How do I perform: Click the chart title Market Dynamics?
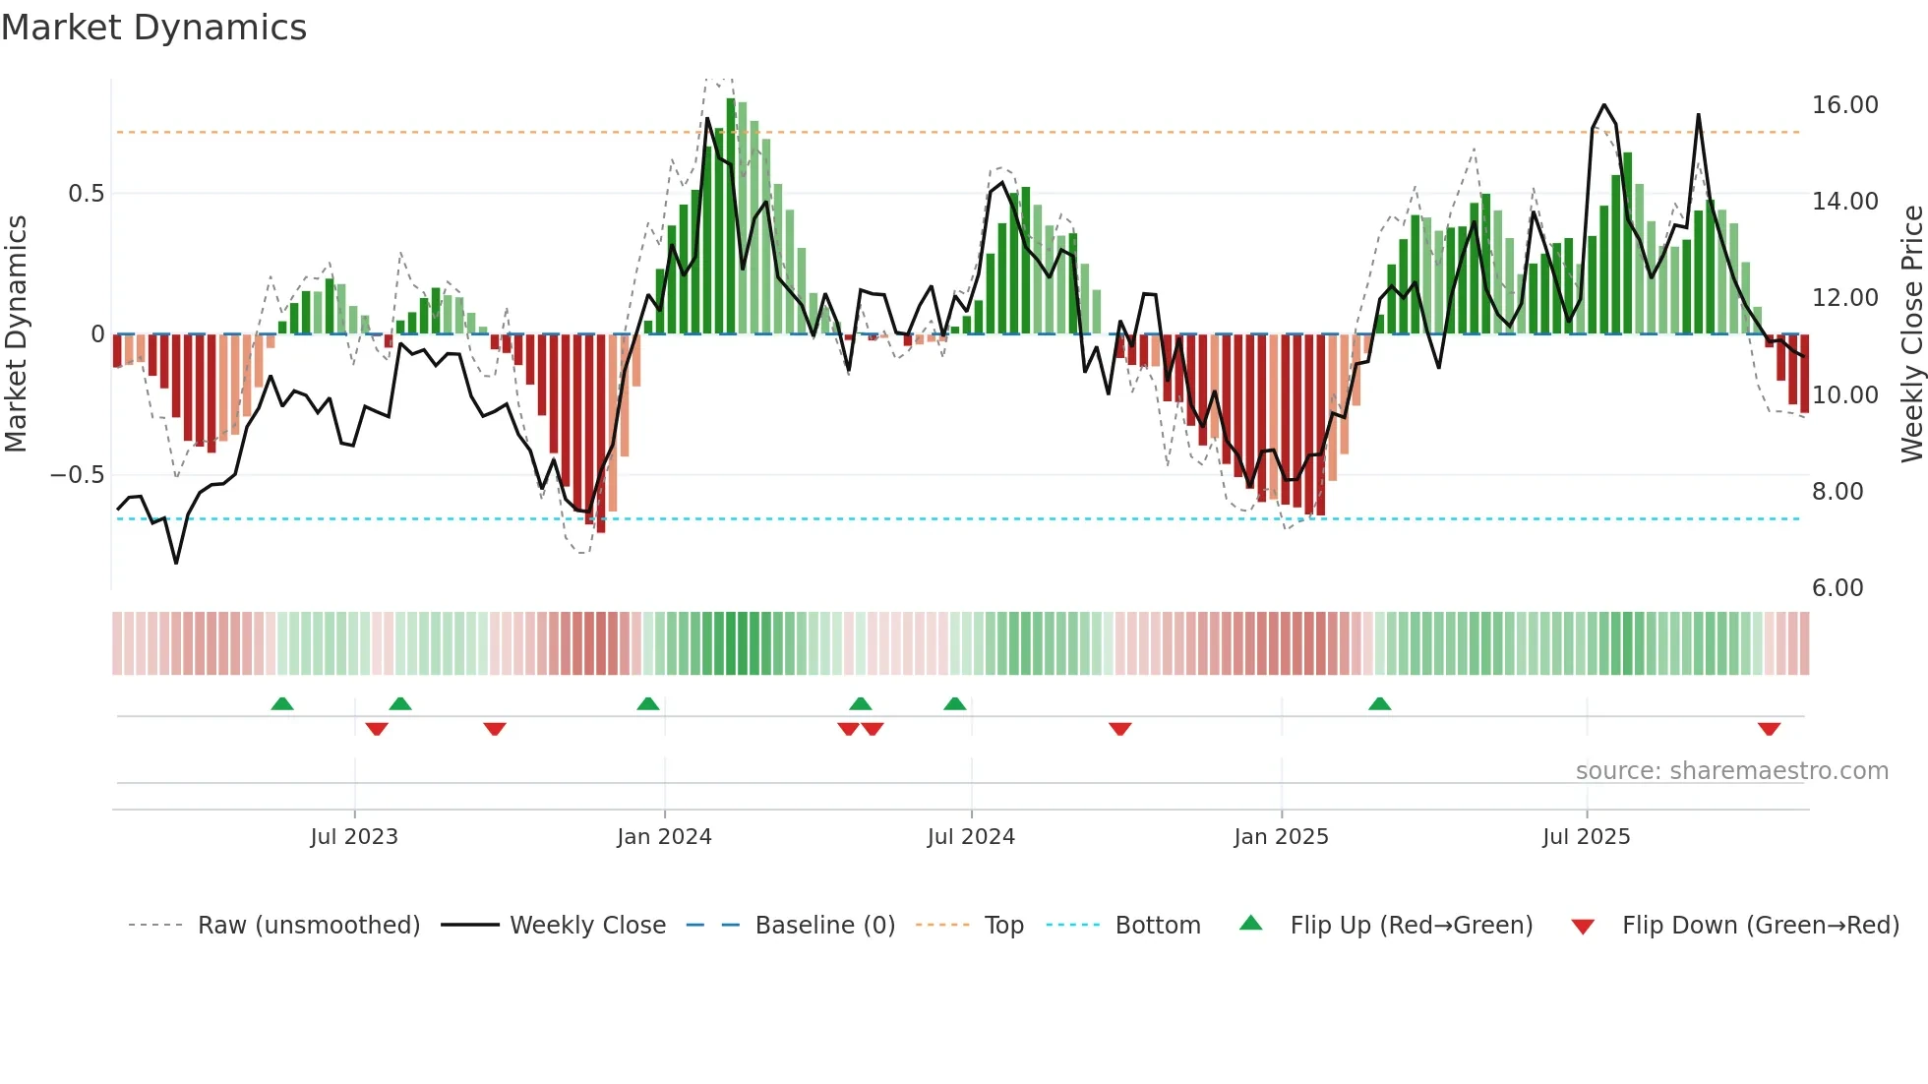(154, 28)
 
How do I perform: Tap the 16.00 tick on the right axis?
(1844, 105)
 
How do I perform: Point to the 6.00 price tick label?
(1837, 588)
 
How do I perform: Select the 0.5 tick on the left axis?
(86, 194)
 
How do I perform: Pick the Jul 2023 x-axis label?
(353, 837)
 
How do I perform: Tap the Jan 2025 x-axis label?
(1281, 837)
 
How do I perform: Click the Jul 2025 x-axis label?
(1586, 837)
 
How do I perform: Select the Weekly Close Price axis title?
(1911, 333)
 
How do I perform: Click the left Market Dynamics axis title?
(16, 333)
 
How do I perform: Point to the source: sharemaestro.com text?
(1731, 771)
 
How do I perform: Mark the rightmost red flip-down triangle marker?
(1769, 729)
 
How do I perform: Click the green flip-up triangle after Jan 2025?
(1379, 703)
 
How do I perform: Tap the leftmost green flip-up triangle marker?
(282, 703)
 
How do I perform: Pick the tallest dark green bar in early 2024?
(731, 216)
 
